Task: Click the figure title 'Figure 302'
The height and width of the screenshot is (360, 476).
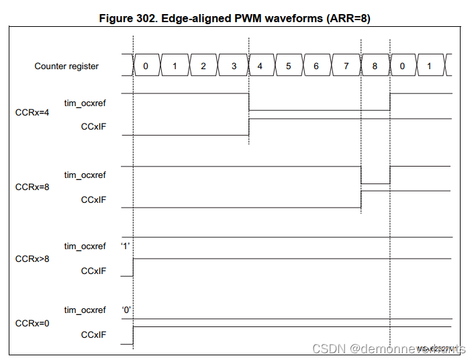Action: pos(234,19)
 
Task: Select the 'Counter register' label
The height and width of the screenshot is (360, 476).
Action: pos(66,66)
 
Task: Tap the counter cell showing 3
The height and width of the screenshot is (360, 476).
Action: pos(234,66)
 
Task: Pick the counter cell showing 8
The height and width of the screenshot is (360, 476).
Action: pos(375,66)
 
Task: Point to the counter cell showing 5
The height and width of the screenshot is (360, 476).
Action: pos(289,66)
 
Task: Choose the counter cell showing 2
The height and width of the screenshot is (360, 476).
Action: pos(203,66)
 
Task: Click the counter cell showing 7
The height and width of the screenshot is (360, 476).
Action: pos(346,66)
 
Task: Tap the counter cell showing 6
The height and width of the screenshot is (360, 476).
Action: pos(317,66)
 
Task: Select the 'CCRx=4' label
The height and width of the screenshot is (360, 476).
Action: pos(32,112)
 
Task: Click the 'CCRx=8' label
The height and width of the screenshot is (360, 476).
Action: pos(32,187)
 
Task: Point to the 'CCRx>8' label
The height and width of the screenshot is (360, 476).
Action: pos(32,259)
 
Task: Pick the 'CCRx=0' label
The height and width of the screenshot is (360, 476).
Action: pos(32,323)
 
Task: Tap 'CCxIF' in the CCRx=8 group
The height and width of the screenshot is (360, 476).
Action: pos(93,199)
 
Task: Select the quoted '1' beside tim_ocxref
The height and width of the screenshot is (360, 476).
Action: pos(125,246)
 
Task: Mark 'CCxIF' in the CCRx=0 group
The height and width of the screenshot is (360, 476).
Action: pos(93,334)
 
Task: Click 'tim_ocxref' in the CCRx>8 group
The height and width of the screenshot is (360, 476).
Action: pos(85,246)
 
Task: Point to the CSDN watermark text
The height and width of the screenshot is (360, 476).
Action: pos(389,349)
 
